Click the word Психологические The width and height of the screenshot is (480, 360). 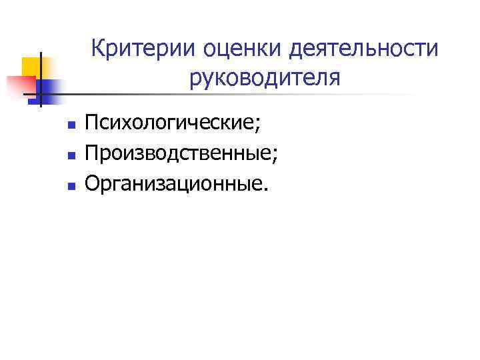pyautogui.click(x=169, y=124)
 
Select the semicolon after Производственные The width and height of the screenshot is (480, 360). pyautogui.click(x=275, y=156)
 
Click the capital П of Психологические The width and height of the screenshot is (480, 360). pyautogui.click(x=93, y=124)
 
